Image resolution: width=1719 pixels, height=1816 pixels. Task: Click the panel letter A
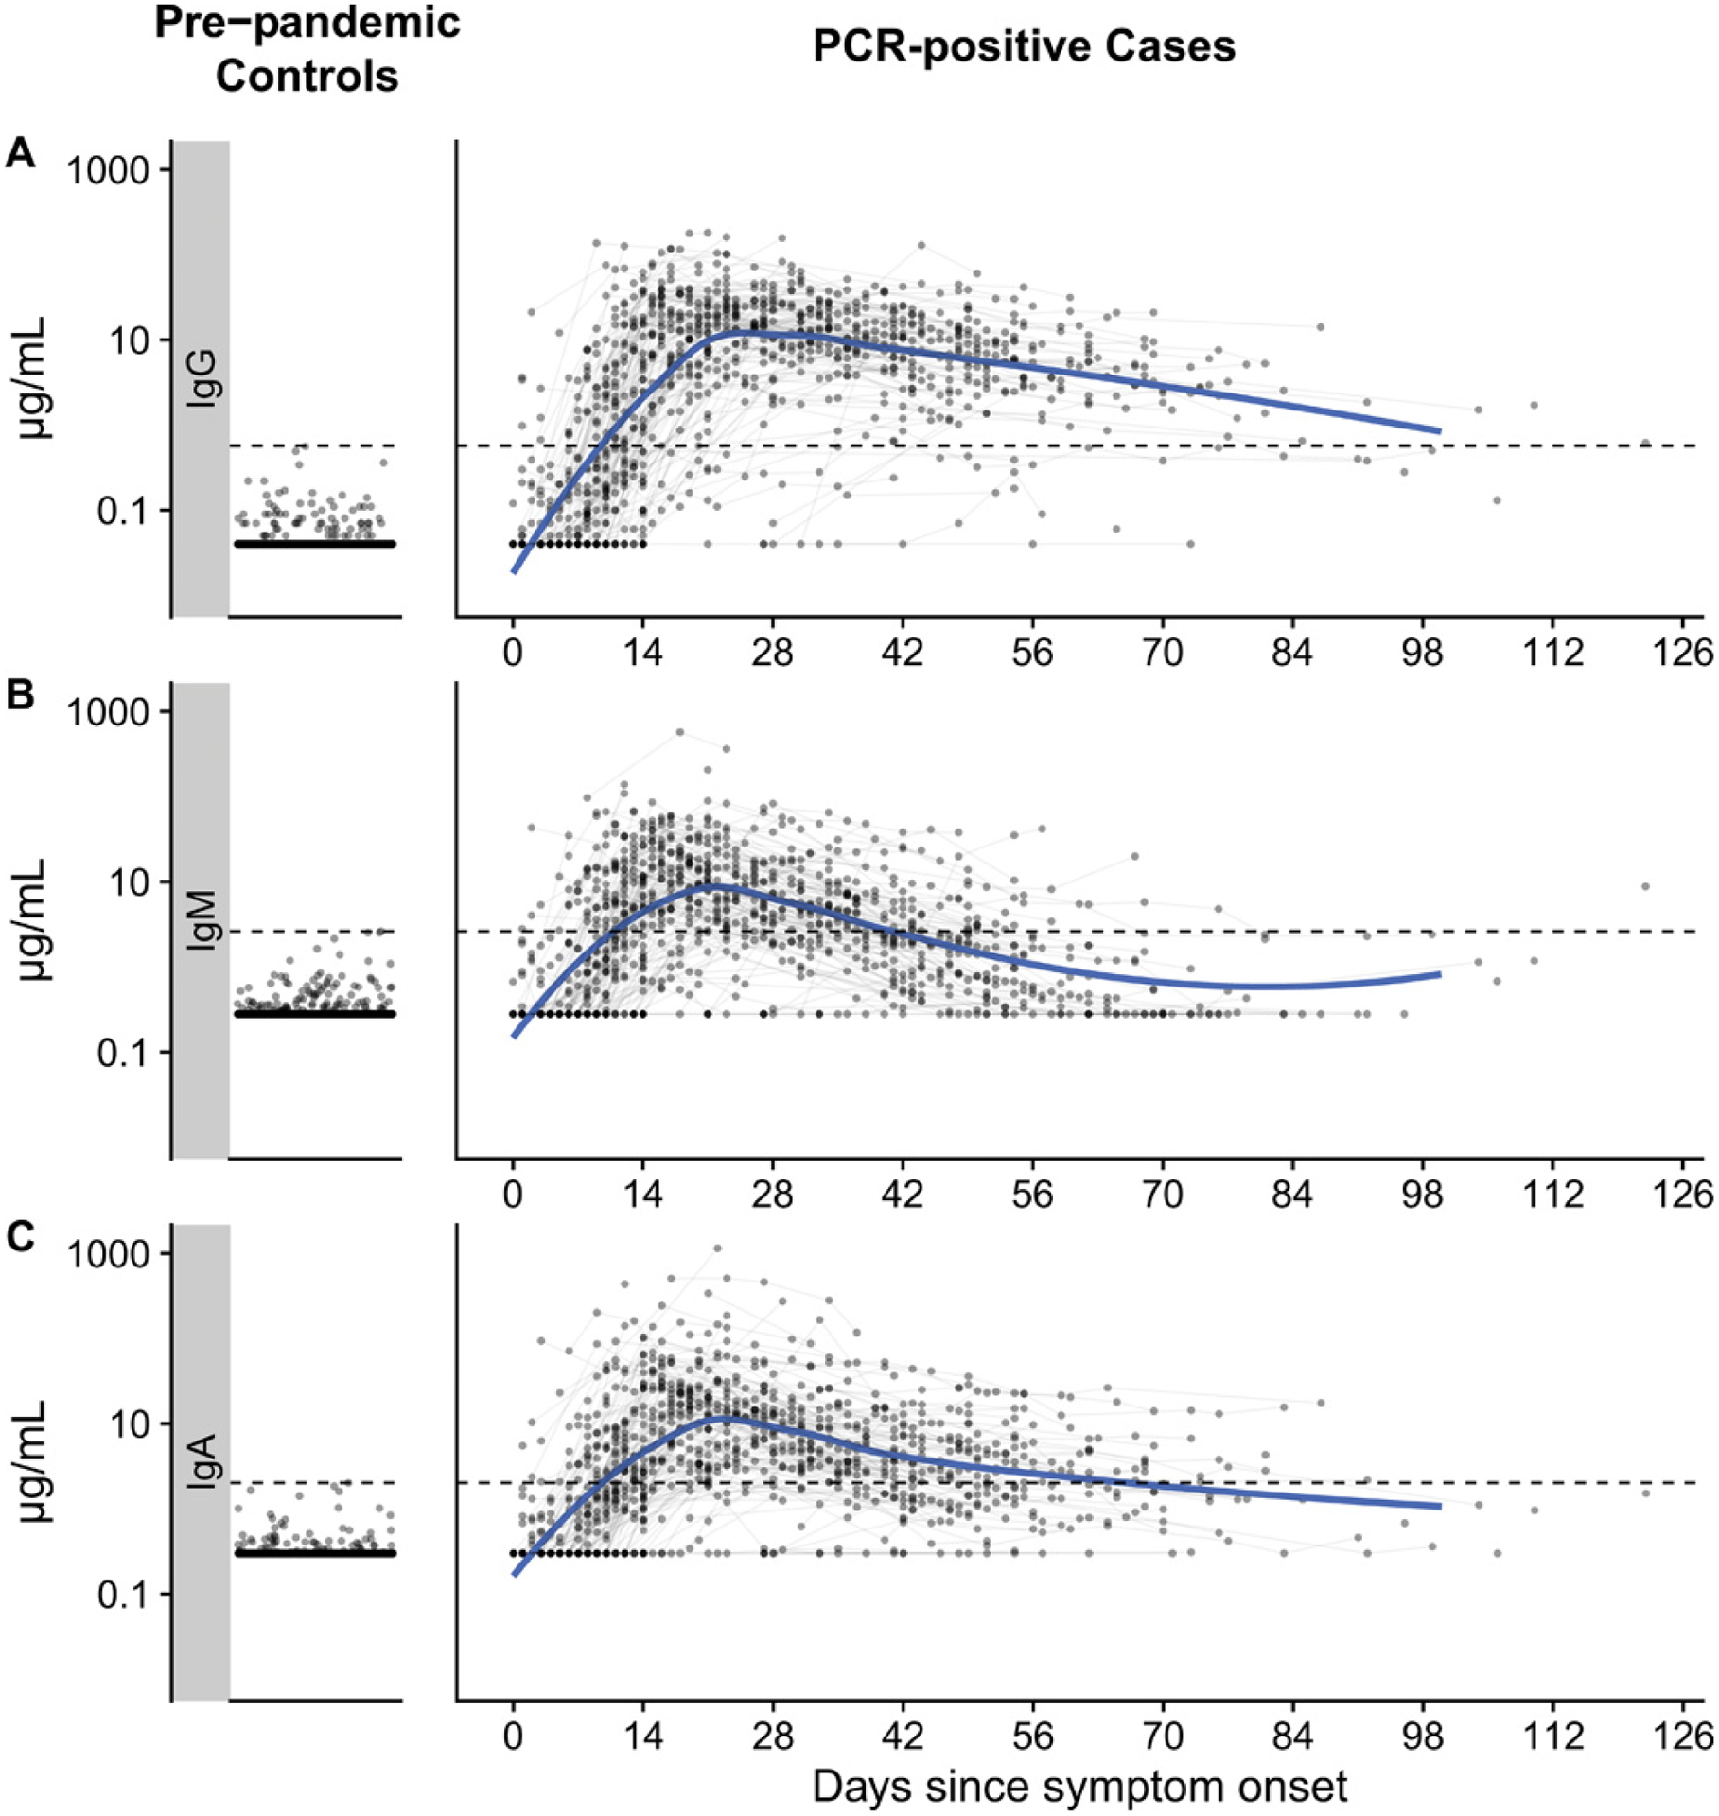click(x=20, y=153)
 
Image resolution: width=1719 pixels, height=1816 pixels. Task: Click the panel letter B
click(x=20, y=695)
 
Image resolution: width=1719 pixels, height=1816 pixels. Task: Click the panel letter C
click(x=20, y=1237)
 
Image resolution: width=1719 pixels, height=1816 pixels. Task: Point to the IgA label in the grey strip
click(x=202, y=1462)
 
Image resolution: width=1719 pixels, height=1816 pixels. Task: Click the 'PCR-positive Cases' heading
click(x=1024, y=46)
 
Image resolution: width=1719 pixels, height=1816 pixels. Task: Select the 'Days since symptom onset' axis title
click(x=1079, y=1787)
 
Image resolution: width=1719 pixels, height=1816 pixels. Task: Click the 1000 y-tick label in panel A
click(x=108, y=171)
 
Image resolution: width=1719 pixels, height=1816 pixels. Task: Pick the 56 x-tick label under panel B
click(x=1032, y=1195)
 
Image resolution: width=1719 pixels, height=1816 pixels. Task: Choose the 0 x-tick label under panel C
click(x=513, y=1737)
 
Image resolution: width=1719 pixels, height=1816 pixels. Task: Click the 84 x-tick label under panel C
click(x=1292, y=1737)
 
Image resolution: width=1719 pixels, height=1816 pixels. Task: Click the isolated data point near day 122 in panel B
click(x=1645, y=886)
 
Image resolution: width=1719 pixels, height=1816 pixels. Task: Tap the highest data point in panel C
click(x=717, y=1248)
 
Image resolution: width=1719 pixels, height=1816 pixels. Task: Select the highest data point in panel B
click(x=679, y=732)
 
